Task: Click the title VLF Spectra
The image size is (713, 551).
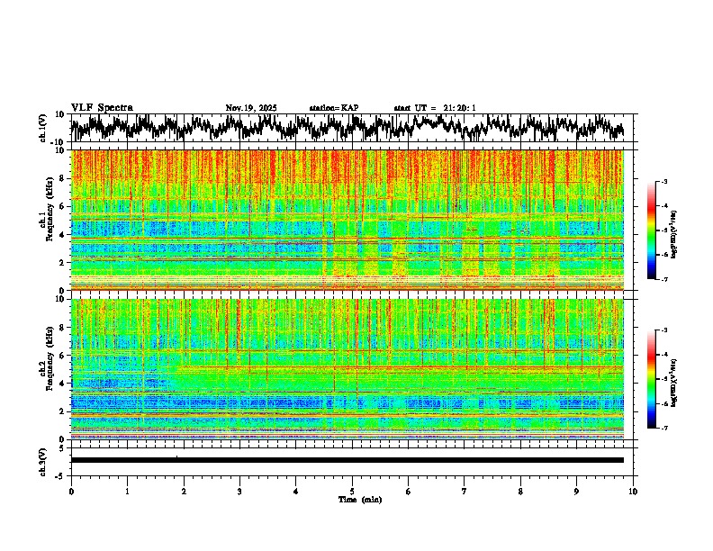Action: click(x=102, y=107)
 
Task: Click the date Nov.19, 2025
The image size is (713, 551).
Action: click(x=251, y=108)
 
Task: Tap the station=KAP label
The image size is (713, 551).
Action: click(x=333, y=108)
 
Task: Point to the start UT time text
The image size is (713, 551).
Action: click(x=435, y=108)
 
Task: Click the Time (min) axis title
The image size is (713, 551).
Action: click(x=358, y=499)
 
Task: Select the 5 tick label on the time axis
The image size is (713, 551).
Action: click(x=352, y=491)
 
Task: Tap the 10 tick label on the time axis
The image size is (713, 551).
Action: click(x=633, y=491)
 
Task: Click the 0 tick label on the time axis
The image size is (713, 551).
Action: click(x=71, y=491)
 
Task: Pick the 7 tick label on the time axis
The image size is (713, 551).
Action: click(x=465, y=491)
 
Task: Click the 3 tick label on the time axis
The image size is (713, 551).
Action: click(x=239, y=491)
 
